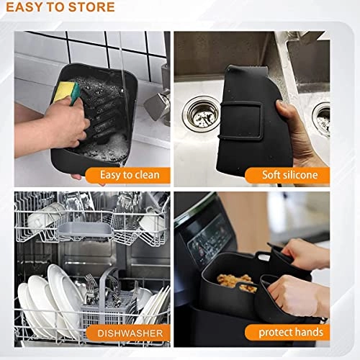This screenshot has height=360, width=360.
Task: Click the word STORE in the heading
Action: click(91, 8)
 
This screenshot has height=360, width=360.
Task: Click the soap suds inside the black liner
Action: click(108, 148)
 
